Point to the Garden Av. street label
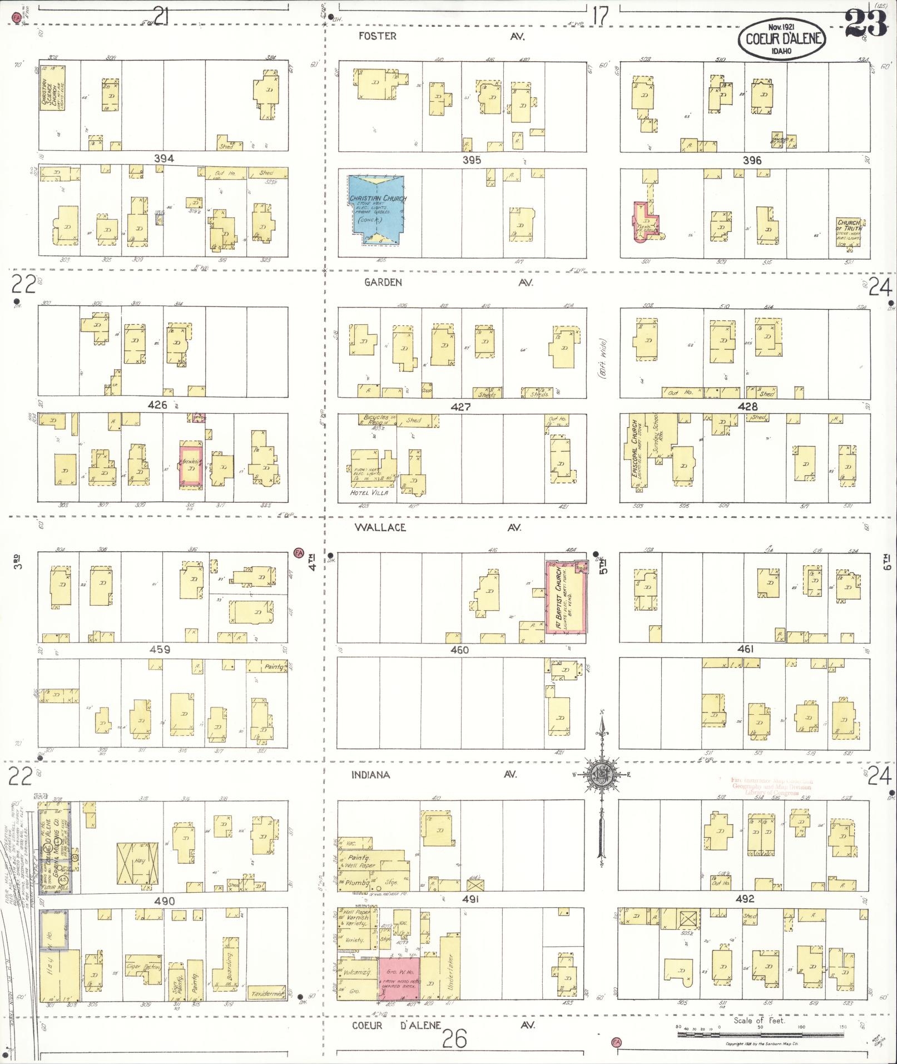383,283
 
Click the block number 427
461,407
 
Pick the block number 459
158,649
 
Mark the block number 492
745,899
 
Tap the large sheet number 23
865,24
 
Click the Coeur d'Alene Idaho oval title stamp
781,38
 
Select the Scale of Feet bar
759,1035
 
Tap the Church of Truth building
849,233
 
